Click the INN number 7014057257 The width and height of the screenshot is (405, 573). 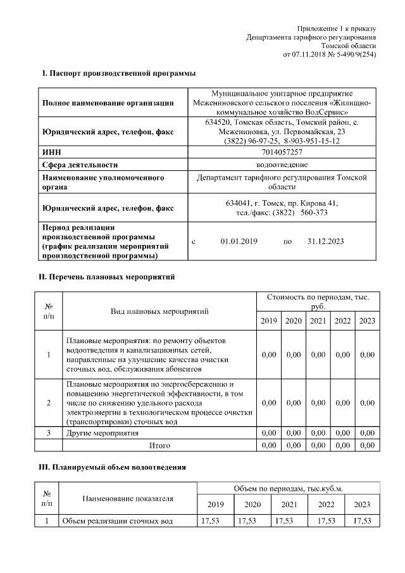point(282,153)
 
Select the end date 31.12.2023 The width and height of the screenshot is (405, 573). point(325,241)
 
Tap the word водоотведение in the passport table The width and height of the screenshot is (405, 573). point(282,165)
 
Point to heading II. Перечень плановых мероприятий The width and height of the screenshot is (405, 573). point(107,277)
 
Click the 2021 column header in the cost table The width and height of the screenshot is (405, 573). point(318,321)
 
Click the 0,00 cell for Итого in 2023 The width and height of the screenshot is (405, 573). point(367,446)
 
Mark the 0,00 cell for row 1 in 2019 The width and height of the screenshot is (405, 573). point(269,355)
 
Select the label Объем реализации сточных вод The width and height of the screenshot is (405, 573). point(116,520)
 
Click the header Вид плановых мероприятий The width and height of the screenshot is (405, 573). point(159,311)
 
